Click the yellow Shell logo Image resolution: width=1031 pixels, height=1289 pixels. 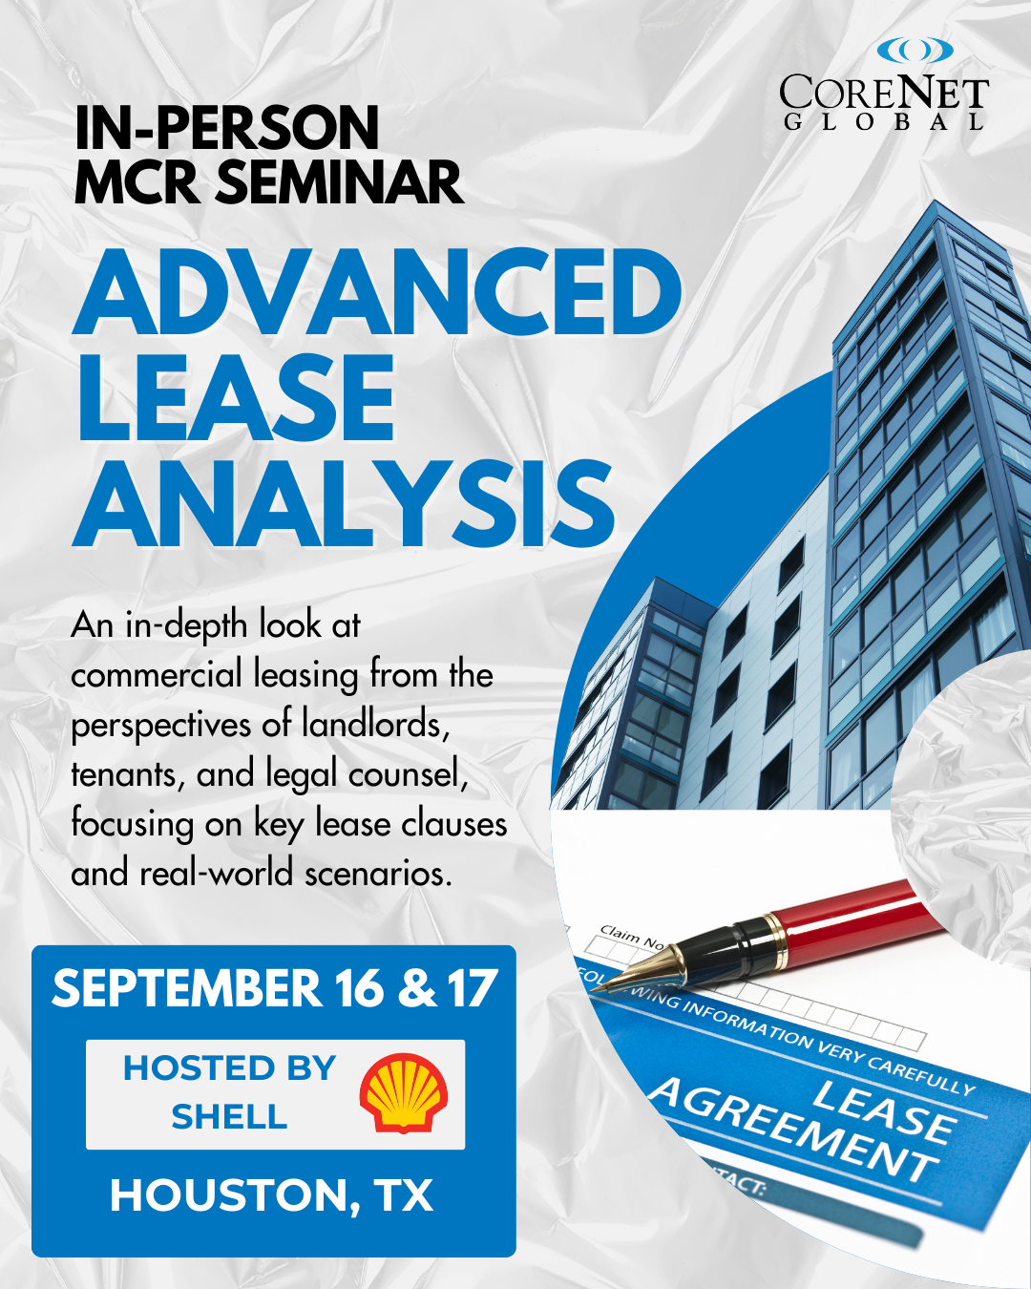pyautogui.click(x=403, y=1093)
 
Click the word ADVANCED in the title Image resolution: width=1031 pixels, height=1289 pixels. pyautogui.click(x=377, y=292)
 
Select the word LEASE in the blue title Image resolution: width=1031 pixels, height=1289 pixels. pyautogui.click(x=234, y=398)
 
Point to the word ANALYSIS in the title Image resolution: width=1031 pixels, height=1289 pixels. pyautogui.click(x=344, y=504)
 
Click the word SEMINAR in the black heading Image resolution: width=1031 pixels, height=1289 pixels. pyautogui.click(x=340, y=181)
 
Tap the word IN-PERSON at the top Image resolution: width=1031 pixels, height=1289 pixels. pyautogui.click(x=227, y=128)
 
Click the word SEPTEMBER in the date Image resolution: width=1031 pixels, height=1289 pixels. pyautogui.click(x=187, y=988)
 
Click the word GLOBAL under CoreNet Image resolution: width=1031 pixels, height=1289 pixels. pyautogui.click(x=884, y=122)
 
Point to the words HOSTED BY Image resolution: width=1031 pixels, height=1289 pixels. pyautogui.click(x=229, y=1068)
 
